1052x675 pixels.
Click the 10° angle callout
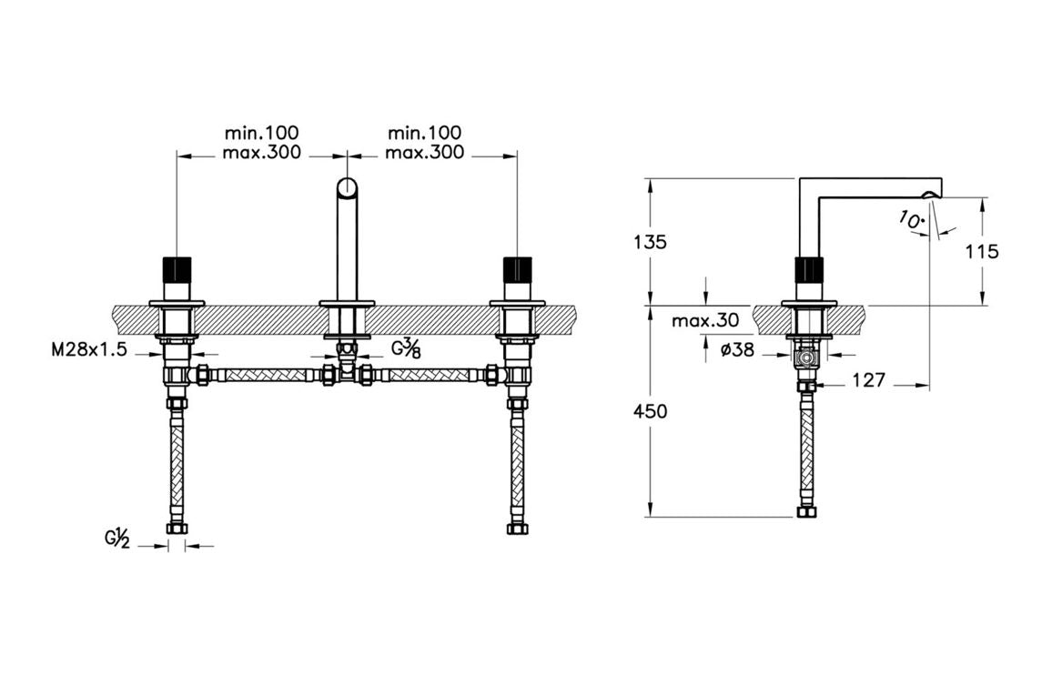(911, 219)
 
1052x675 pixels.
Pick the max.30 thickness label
(704, 321)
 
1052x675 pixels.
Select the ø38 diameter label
(736, 349)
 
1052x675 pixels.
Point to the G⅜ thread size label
(405, 348)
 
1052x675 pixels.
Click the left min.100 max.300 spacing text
(261, 143)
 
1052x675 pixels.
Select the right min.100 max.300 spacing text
(424, 143)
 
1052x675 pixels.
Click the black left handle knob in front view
(175, 270)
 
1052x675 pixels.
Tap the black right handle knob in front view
(517, 270)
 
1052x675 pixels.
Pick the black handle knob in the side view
(808, 270)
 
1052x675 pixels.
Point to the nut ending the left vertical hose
(176, 528)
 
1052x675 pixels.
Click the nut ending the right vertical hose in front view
(517, 528)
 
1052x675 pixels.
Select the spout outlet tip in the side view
(931, 194)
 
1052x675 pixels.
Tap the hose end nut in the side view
(805, 512)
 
